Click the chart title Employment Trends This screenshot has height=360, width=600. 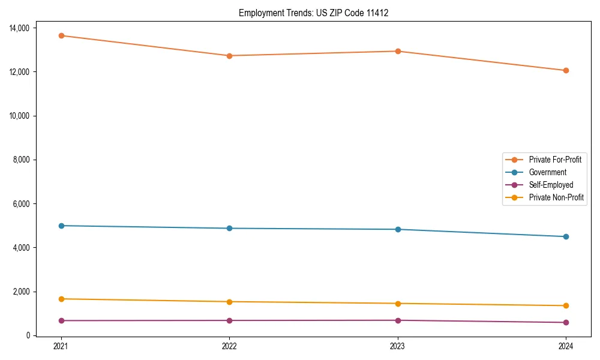coord(313,13)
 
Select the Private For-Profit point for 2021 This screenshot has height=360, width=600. coord(61,35)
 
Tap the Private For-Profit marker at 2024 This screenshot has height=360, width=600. coord(566,70)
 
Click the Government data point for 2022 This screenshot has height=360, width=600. coord(229,228)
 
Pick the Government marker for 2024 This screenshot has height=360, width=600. coord(566,236)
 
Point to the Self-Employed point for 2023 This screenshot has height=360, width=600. coord(398,320)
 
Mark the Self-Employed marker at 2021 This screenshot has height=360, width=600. coord(61,320)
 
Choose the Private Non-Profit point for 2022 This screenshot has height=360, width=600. coord(229,301)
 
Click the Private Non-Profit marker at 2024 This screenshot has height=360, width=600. coord(566,305)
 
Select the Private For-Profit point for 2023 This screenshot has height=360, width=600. coord(398,51)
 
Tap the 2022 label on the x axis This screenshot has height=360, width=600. coord(229,346)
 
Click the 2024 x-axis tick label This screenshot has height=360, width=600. coord(566,346)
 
